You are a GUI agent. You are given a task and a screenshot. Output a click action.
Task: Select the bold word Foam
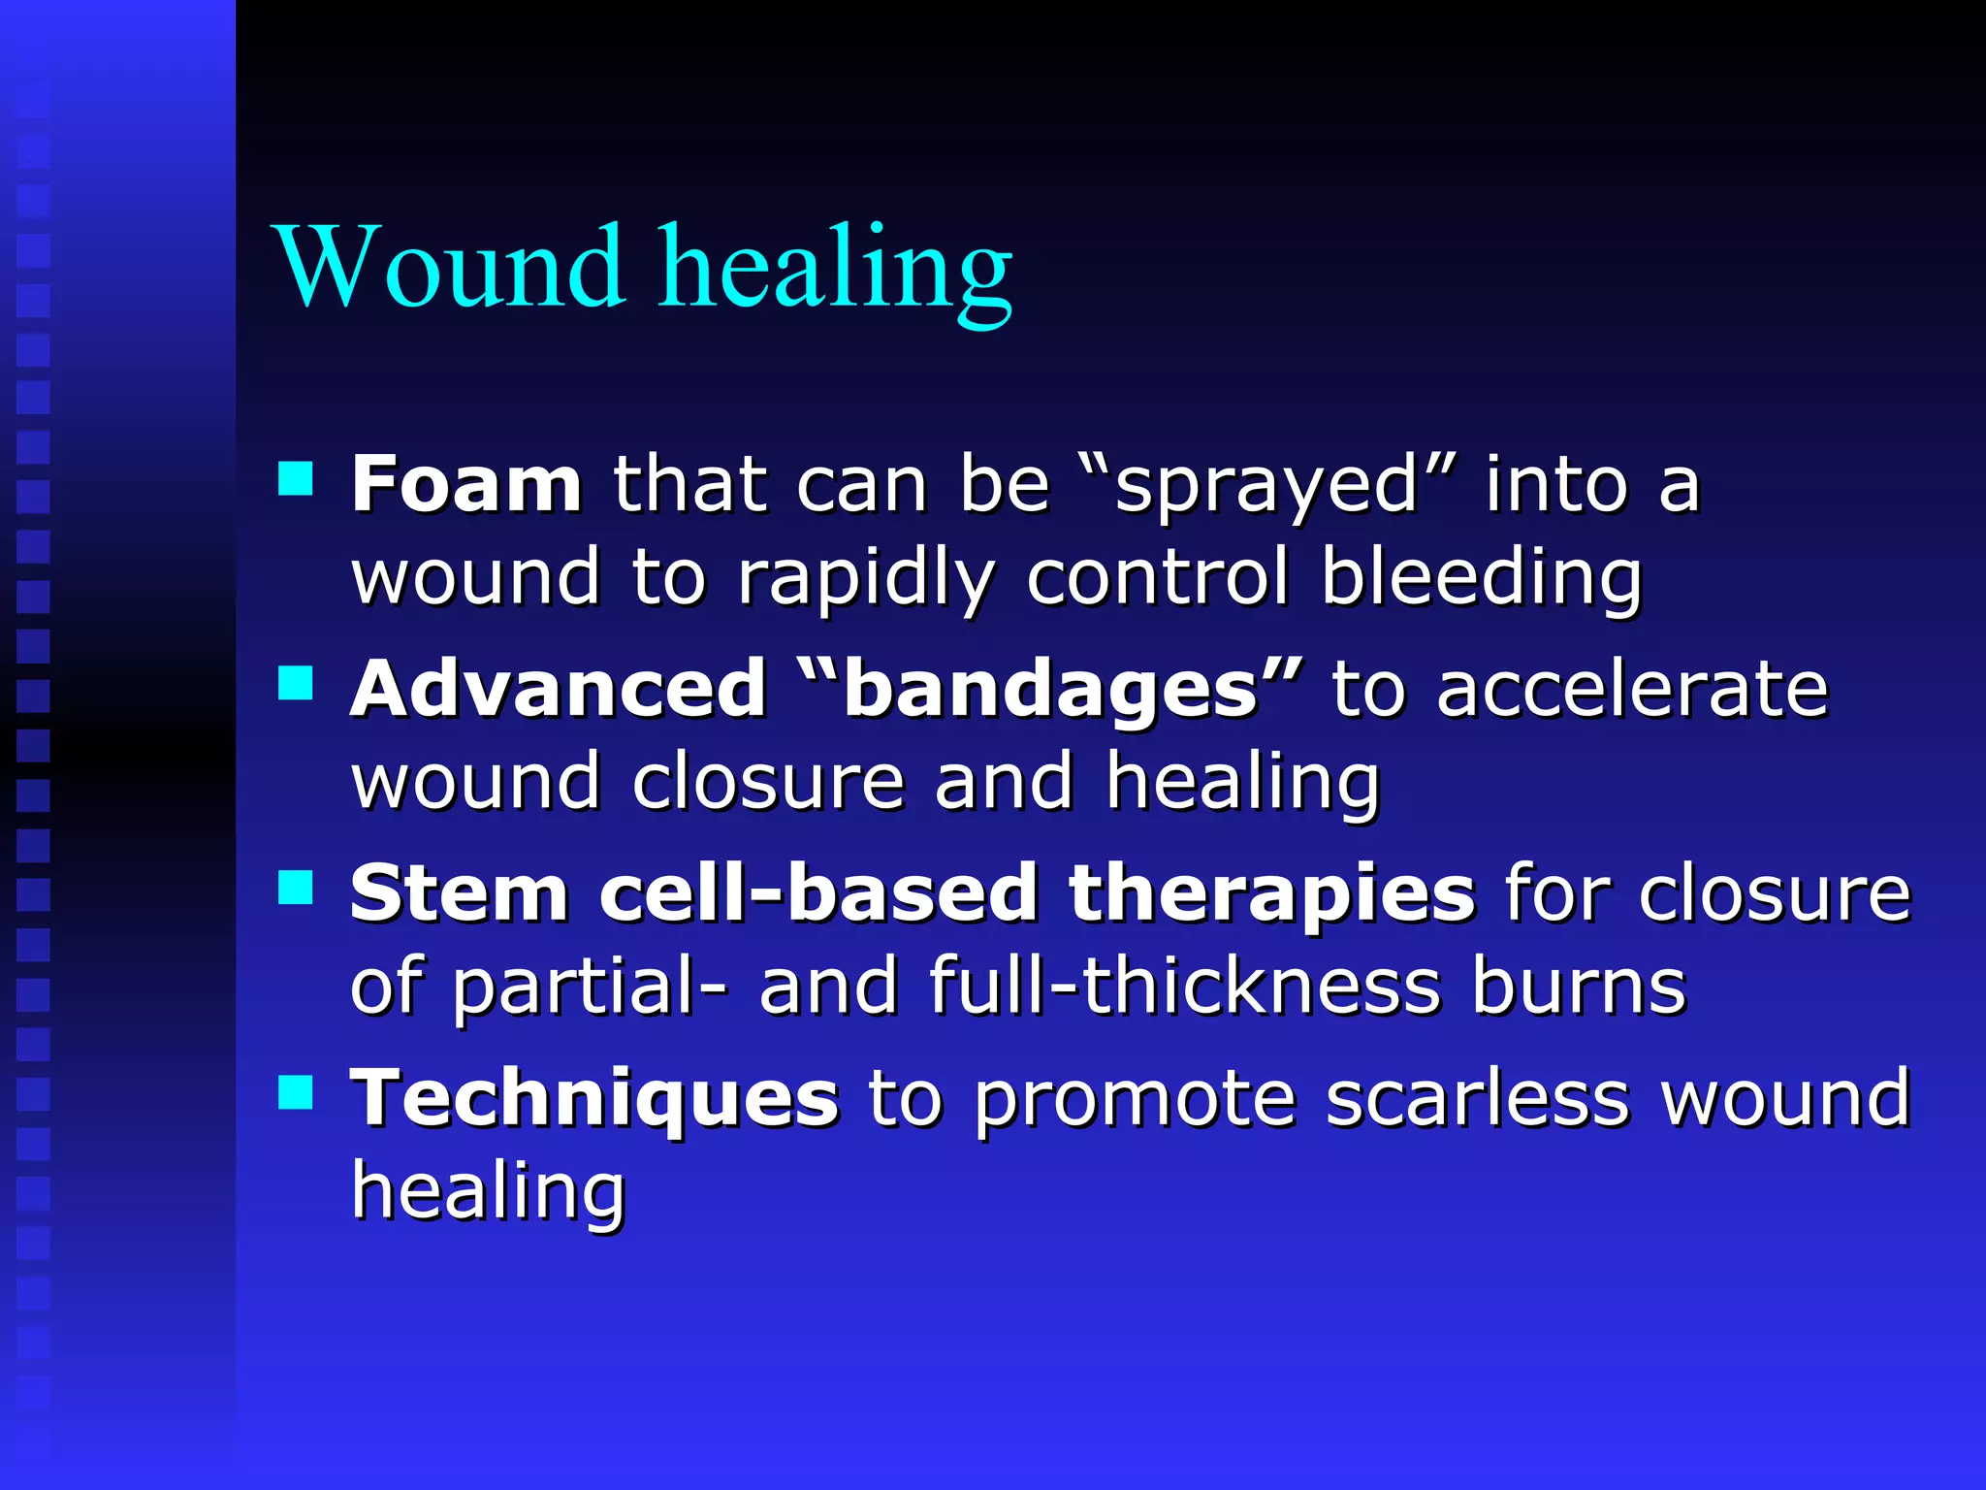coord(466,484)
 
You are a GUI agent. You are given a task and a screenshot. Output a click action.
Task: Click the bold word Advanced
coord(559,689)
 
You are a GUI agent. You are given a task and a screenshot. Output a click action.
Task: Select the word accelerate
coord(1632,689)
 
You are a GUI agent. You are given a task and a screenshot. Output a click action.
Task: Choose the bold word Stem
coord(460,893)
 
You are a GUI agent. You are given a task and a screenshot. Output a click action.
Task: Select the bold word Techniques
coord(594,1100)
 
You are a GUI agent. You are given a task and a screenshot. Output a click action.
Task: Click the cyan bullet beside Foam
coord(296,478)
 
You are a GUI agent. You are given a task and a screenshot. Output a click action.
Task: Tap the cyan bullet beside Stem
coord(296,887)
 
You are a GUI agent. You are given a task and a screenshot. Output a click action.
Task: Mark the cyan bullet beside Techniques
coord(296,1091)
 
